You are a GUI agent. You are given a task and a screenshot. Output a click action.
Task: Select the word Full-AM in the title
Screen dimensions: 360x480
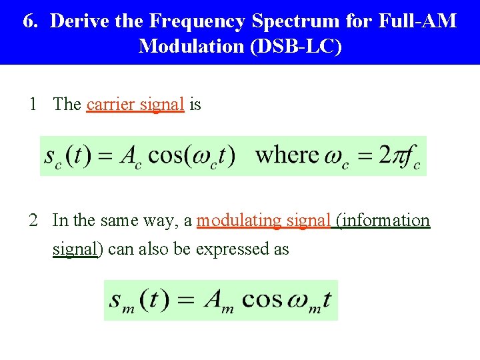(417, 21)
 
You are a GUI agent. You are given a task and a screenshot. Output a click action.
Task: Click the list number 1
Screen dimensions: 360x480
(33, 104)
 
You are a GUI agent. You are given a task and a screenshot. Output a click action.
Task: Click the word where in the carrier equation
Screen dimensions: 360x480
(287, 155)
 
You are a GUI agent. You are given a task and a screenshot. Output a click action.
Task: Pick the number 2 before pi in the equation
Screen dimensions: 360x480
(385, 155)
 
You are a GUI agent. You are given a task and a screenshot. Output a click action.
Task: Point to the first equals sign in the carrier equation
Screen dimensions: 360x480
(105, 157)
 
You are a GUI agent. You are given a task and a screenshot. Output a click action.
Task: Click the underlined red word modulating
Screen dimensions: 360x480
(237, 220)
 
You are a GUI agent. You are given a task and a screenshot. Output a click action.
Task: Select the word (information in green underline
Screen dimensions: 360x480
(383, 220)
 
